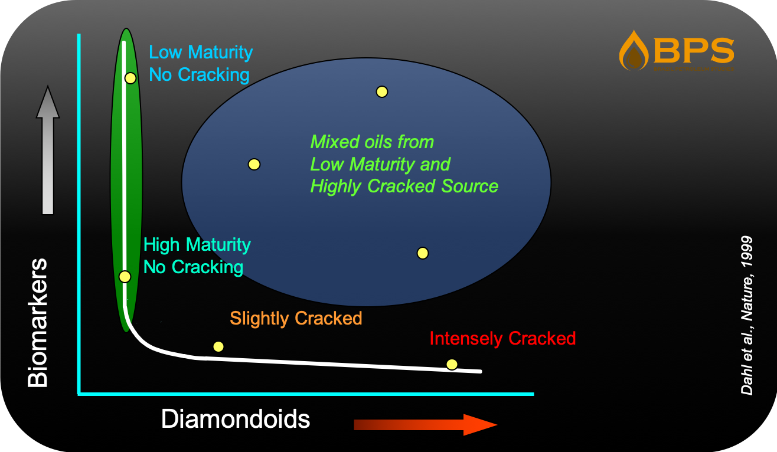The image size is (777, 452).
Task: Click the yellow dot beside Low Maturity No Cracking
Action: (x=130, y=78)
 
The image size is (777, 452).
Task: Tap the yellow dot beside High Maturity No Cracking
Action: (x=125, y=276)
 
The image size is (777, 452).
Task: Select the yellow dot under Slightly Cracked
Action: (x=218, y=346)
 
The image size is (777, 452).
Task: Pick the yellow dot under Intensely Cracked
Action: (x=452, y=364)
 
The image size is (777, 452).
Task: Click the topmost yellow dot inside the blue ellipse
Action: (x=382, y=91)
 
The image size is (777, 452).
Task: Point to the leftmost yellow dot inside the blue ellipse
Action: (x=254, y=165)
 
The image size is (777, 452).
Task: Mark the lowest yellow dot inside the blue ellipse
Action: (x=422, y=253)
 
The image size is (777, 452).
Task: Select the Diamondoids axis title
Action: (x=236, y=420)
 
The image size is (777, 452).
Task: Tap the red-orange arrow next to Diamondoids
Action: (x=425, y=425)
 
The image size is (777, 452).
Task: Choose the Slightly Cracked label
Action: (x=296, y=319)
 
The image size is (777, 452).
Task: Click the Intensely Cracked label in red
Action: (x=502, y=339)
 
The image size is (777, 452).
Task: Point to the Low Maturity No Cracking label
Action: (x=201, y=64)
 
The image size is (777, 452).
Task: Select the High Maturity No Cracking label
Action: (x=197, y=256)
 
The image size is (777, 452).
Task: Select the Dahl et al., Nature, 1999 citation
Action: (x=747, y=315)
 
